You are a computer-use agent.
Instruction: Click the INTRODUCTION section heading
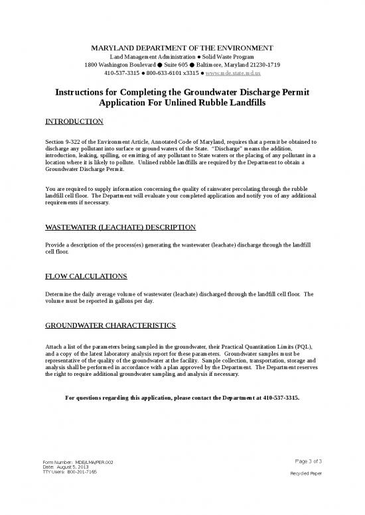74,122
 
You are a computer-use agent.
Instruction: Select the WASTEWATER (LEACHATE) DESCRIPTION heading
120,227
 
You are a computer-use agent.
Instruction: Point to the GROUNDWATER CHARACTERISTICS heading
110,325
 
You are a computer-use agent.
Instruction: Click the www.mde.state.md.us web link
241,76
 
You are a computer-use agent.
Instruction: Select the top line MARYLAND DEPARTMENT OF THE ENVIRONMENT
182,48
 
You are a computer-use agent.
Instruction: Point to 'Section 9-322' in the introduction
64,142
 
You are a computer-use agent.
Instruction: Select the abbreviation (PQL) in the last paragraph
305,347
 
